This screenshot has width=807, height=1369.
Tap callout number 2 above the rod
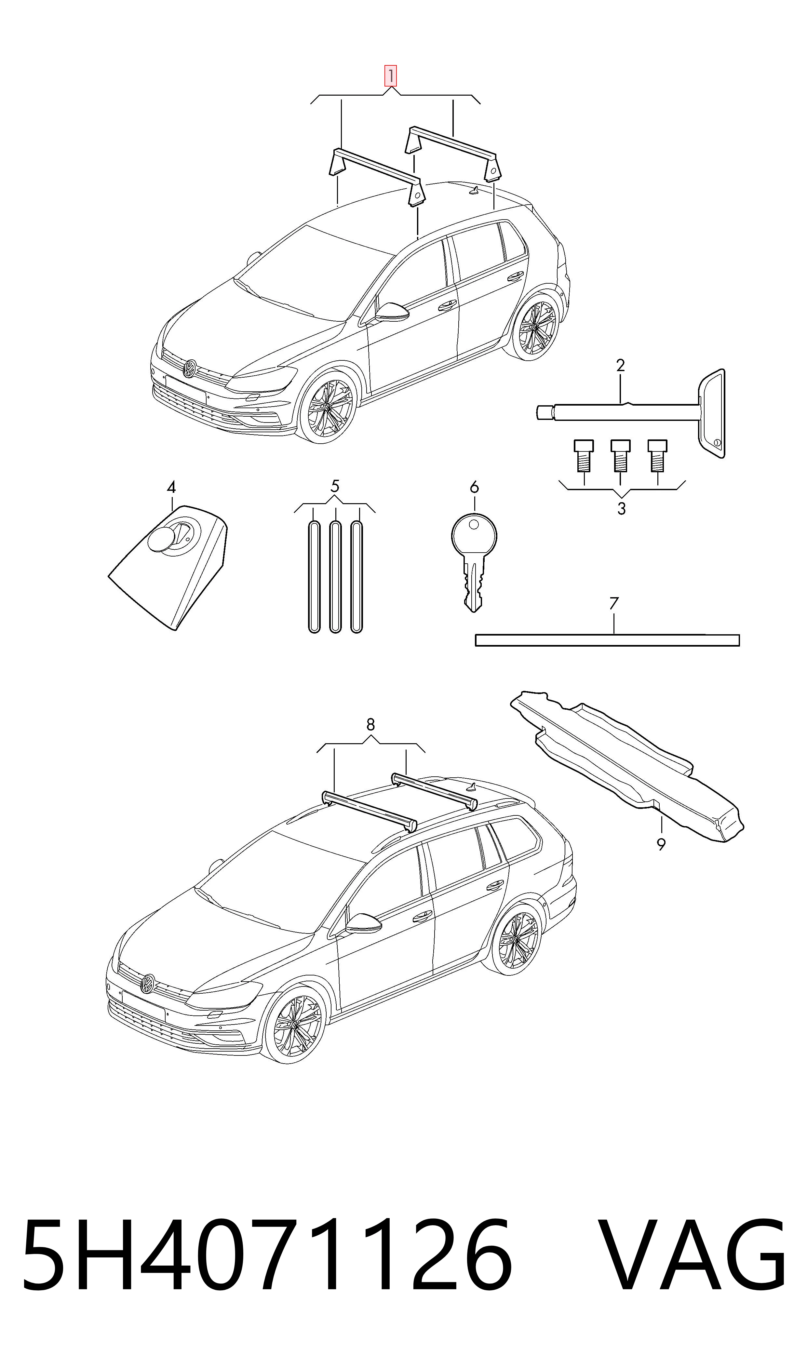click(621, 365)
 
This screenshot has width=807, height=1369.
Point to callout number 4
click(171, 487)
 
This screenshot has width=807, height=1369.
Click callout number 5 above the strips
click(335, 486)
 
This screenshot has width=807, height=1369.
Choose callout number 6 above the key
click(474, 487)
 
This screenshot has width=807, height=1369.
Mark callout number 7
click(614, 603)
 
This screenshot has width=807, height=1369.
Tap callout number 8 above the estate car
click(370, 725)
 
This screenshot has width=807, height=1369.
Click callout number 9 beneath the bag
click(661, 844)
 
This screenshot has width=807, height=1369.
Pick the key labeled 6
click(474, 563)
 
